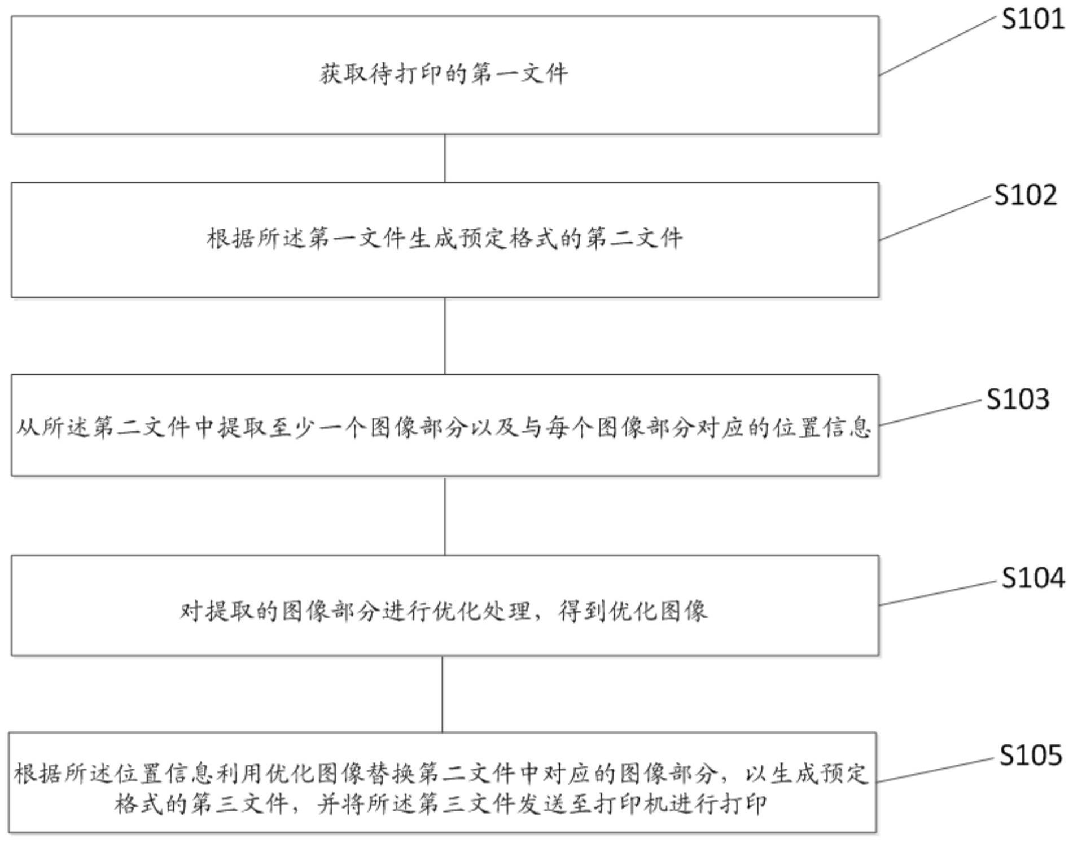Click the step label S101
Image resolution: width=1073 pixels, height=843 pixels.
tap(1033, 19)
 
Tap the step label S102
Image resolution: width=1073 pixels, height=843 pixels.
tap(1026, 195)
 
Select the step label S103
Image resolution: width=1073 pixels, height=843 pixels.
tap(1018, 399)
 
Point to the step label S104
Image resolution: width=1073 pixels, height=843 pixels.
tap(1033, 578)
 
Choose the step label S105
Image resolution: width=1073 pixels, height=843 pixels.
tap(1031, 755)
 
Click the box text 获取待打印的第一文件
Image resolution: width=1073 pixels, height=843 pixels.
tap(444, 74)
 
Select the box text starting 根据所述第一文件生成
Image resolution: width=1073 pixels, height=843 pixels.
tap(445, 238)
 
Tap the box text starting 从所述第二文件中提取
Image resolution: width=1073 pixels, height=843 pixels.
tap(444, 427)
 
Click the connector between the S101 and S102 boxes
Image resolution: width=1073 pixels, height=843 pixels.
tap(445, 158)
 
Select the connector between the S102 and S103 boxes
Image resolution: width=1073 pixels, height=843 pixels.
tap(445, 336)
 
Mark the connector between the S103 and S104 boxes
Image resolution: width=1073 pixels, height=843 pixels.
tap(445, 516)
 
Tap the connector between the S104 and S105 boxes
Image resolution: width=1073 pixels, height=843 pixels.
tap(443, 694)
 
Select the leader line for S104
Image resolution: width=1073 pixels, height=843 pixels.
tap(938, 593)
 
